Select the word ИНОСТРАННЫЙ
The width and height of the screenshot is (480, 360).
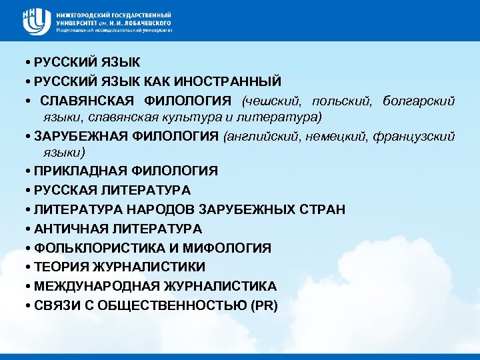click(x=228, y=81)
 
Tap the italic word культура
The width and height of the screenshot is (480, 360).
click(x=201, y=117)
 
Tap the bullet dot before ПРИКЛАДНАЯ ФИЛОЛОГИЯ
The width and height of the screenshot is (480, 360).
click(x=24, y=171)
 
